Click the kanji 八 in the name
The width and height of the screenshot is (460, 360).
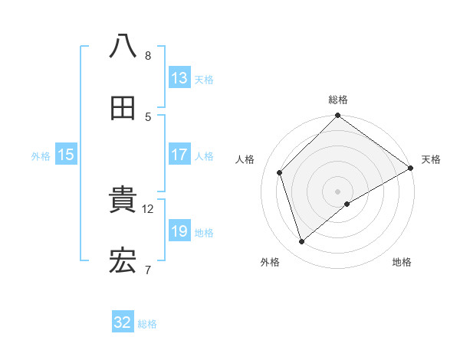point(123,46)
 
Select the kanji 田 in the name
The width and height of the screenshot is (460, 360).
point(123,108)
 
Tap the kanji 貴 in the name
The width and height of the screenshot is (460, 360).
point(123,201)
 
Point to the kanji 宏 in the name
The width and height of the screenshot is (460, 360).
point(123,262)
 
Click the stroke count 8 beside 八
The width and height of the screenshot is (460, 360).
point(148,56)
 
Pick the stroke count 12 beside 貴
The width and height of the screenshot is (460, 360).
point(148,208)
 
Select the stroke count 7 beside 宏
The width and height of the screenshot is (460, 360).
point(148,270)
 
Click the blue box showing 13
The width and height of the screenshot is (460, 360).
point(179,78)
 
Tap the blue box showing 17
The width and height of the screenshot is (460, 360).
point(179,155)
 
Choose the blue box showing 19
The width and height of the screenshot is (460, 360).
point(179,231)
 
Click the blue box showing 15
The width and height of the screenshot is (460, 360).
point(66,155)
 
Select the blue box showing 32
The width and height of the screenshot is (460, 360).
point(123,322)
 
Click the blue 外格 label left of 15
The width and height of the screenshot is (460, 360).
point(41,156)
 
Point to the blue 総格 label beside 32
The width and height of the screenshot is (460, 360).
point(147,324)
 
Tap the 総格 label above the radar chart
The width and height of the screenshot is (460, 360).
point(338,100)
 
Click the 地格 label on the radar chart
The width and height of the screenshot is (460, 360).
point(402,263)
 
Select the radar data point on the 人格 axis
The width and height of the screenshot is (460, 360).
point(280,172)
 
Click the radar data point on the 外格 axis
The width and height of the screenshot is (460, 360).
point(302,242)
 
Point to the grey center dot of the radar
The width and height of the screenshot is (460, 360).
point(338,191)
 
